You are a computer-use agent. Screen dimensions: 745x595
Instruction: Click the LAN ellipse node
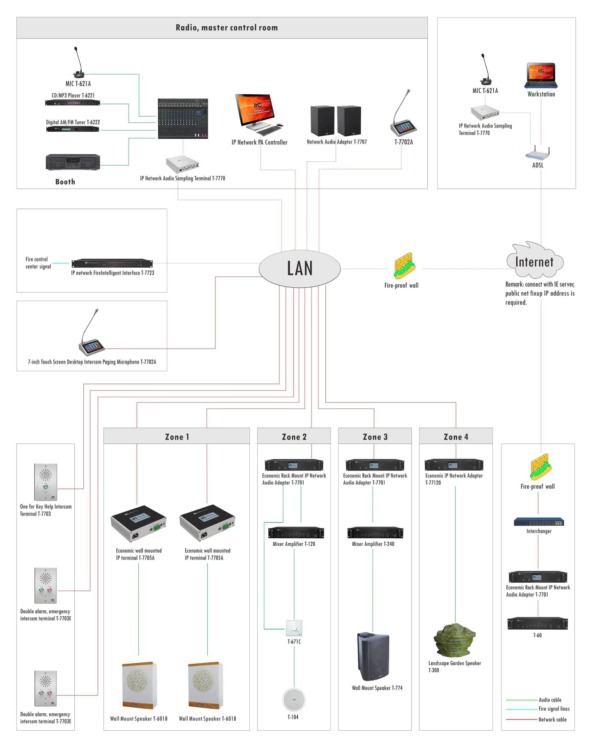(300, 268)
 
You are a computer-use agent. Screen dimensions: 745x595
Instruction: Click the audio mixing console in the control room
(183, 118)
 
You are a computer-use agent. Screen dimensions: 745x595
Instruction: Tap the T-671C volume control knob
(294, 628)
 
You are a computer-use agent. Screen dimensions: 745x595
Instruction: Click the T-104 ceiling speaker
(294, 699)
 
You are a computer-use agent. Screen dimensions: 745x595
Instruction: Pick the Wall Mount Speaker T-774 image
(373, 656)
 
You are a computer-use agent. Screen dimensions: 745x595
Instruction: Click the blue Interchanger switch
(538, 521)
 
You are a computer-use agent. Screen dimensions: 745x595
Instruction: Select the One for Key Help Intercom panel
(46, 482)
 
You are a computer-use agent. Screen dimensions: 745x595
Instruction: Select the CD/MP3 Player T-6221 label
(73, 95)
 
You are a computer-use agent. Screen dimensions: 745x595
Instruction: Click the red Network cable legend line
(521, 719)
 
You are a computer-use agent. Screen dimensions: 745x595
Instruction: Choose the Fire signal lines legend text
(554, 709)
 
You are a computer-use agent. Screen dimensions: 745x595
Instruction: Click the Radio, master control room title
(227, 28)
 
